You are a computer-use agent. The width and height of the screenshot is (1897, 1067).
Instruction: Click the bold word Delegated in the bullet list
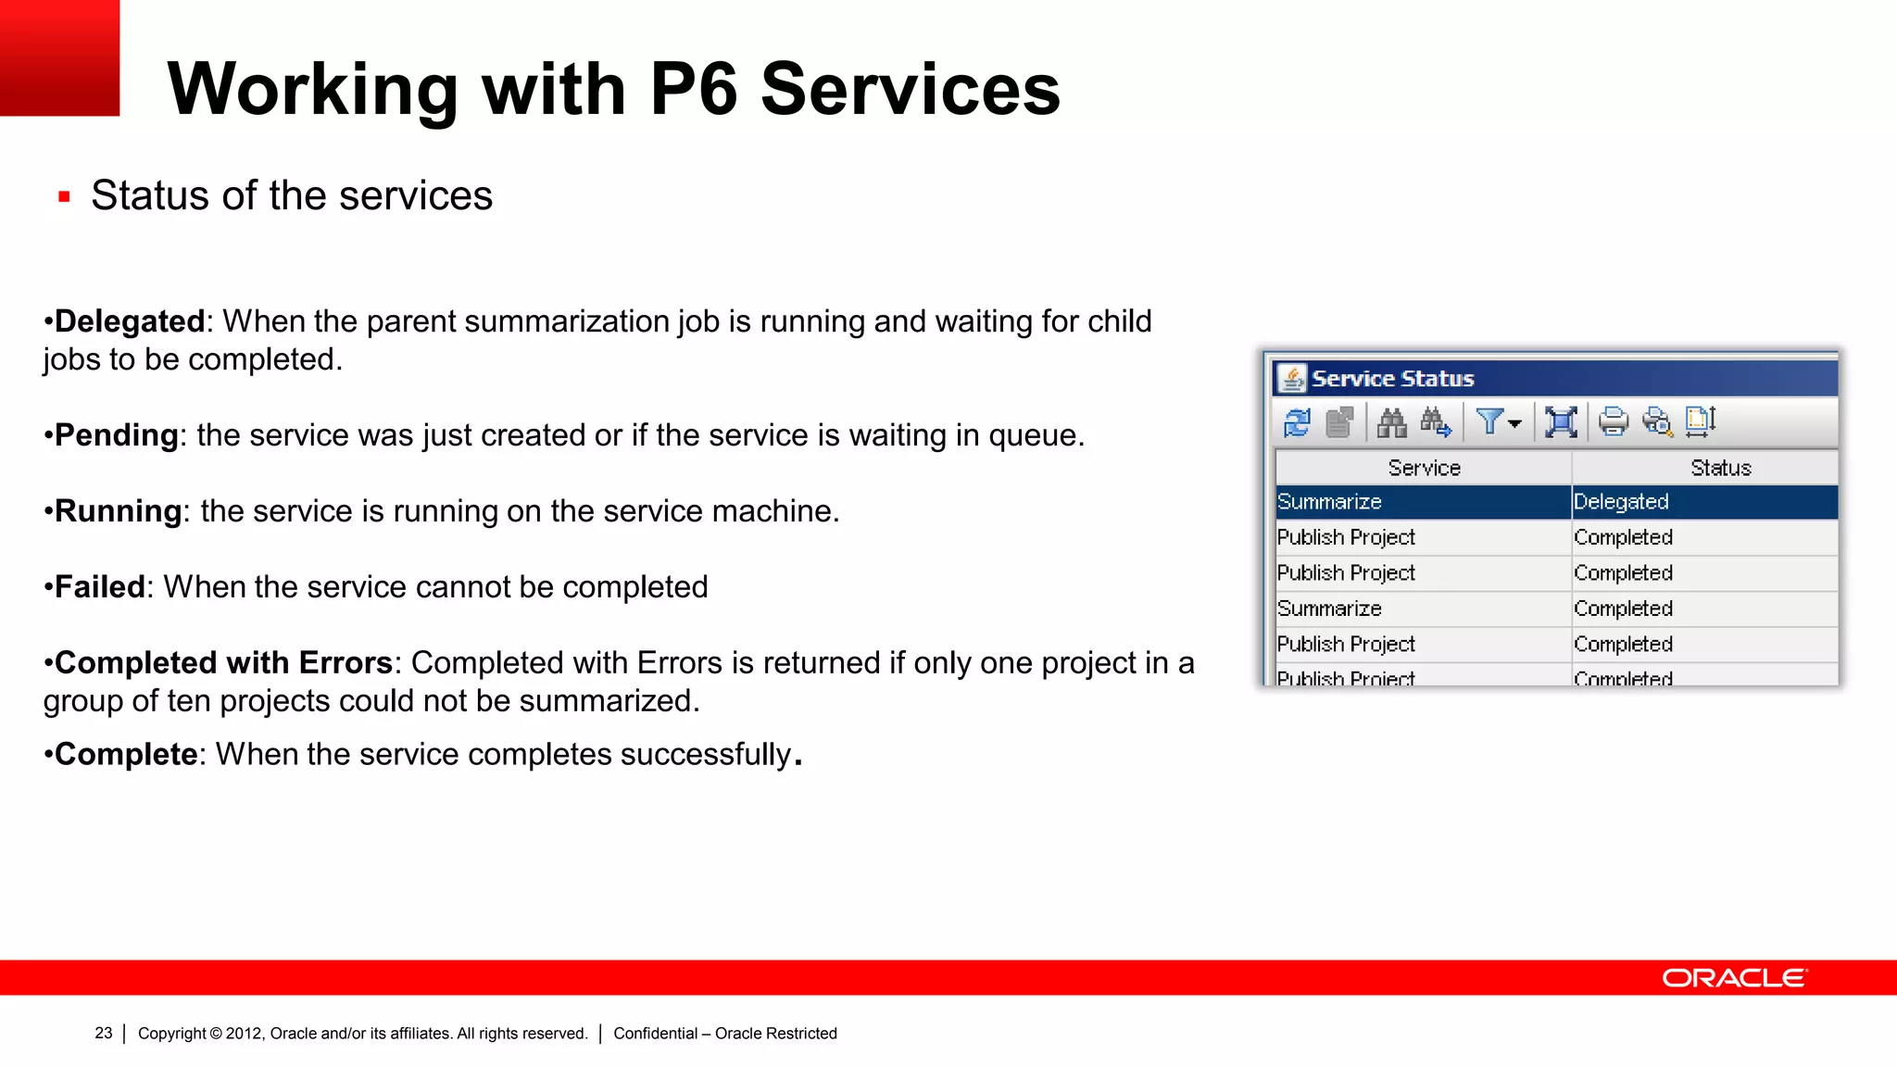[130, 321]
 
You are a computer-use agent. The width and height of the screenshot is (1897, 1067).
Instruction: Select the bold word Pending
[117, 435]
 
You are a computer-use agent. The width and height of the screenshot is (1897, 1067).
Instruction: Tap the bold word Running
[119, 511]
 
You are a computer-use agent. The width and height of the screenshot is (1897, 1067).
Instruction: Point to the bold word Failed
[100, 587]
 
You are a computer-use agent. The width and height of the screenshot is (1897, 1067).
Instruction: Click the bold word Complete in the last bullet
[126, 755]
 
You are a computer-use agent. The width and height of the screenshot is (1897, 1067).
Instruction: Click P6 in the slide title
[694, 89]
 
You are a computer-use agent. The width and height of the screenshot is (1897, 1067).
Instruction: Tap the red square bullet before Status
[64, 196]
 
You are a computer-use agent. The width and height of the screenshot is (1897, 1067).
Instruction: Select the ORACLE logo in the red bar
[1734, 978]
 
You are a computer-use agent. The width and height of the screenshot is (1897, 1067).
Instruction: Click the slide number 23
[104, 1034]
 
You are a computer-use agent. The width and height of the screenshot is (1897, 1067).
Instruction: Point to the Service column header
[1424, 469]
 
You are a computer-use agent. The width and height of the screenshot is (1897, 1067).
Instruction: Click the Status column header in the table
[1720, 469]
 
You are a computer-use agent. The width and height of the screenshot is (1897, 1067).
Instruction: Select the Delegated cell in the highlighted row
[1621, 502]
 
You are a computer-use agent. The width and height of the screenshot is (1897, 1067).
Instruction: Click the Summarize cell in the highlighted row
[1329, 502]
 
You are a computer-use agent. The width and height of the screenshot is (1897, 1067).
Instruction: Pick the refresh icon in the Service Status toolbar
[1297, 422]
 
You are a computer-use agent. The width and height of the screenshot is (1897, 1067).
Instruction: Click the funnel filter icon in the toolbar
[1490, 422]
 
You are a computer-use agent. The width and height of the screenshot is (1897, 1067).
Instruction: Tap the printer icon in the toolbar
[1613, 422]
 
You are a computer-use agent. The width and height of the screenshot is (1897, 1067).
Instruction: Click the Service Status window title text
[1392, 379]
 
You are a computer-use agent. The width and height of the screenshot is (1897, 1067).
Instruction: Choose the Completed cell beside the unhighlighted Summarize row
[1623, 609]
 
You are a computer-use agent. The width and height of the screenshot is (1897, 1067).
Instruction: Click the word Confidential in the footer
[655, 1034]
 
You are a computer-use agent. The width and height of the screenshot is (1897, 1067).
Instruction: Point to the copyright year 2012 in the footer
[245, 1034]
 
